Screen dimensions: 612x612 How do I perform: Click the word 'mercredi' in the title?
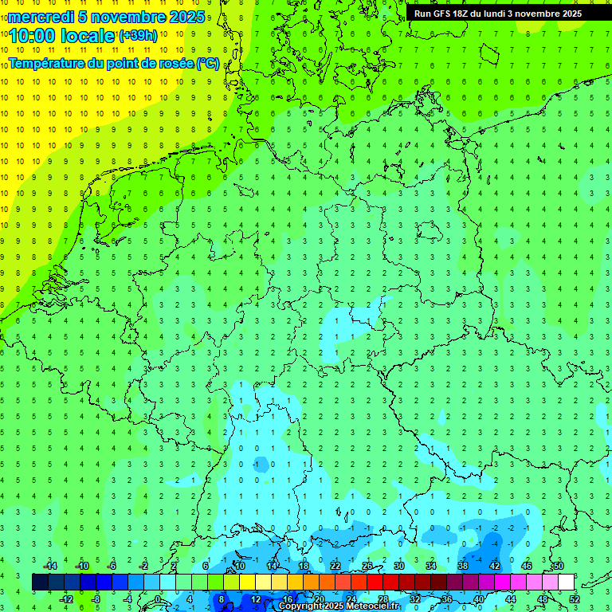point(41,16)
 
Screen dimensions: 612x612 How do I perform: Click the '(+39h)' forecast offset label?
point(138,35)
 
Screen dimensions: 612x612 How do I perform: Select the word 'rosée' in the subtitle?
point(175,63)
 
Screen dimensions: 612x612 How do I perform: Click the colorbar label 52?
point(575,599)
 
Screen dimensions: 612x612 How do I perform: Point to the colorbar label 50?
point(559,566)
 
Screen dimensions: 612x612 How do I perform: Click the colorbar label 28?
point(383,599)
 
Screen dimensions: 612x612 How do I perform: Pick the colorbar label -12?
point(66,599)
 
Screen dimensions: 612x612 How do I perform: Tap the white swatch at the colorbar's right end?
point(567,583)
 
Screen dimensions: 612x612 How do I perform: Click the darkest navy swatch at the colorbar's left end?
point(40,583)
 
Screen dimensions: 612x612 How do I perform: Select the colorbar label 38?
point(463,566)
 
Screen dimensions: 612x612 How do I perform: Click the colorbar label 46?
point(527,566)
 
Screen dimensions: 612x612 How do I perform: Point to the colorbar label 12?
point(256,599)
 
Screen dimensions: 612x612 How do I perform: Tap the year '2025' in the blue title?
point(186,16)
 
